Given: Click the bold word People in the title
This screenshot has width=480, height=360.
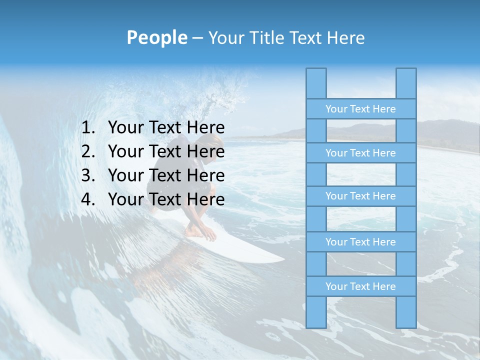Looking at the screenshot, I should click(157, 37).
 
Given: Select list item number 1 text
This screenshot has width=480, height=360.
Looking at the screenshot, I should click(166, 127).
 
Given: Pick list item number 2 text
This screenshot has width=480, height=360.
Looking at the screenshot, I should click(166, 151).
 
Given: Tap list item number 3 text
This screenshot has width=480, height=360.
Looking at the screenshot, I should click(166, 175).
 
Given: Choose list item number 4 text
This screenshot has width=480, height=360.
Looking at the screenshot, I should click(166, 199).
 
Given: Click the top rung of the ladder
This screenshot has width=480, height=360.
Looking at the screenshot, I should click(360, 109).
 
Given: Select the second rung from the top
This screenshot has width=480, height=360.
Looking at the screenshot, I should click(360, 153).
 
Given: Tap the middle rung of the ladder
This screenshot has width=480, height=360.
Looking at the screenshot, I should click(360, 196).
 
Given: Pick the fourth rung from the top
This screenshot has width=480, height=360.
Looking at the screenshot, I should click(360, 242).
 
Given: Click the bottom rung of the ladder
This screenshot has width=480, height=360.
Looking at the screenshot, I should click(360, 286).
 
